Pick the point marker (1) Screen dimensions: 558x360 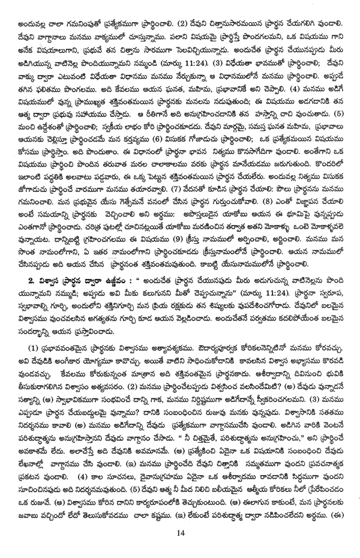(29, 360)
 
